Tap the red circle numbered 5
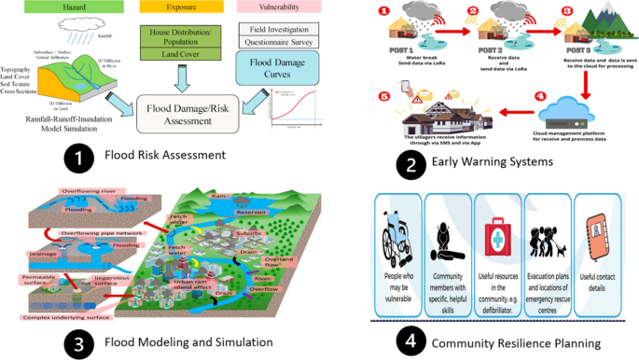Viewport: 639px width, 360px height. (x=384, y=96)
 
